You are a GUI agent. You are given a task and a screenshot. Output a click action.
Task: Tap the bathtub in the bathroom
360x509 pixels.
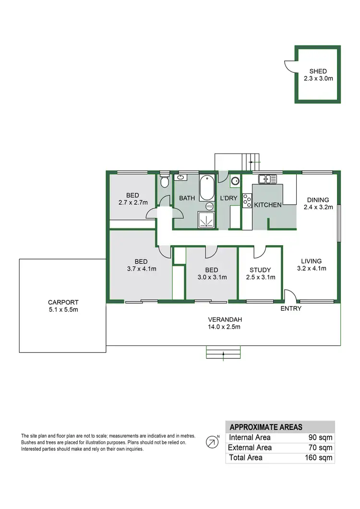pos(208,189)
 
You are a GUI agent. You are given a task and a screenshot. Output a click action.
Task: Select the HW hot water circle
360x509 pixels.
pos(209,206)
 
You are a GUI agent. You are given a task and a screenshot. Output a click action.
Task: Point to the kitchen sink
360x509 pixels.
pos(267,179)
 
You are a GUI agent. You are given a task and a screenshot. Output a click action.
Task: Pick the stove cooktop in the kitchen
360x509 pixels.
pos(247,200)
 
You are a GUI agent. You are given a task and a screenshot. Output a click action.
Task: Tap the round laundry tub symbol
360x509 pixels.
pos(235,181)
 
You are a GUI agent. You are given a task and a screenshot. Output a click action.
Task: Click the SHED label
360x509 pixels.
pos(318,71)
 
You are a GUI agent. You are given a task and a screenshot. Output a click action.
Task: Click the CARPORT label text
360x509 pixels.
pos(63,302)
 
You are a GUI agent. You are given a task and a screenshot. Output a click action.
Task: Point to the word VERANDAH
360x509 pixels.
pos(224,320)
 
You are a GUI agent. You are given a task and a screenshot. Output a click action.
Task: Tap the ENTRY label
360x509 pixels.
pos(291,308)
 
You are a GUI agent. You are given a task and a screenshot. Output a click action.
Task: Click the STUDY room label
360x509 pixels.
pos(261,270)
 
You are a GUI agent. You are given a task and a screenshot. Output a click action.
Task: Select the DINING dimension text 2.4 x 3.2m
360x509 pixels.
pos(316,208)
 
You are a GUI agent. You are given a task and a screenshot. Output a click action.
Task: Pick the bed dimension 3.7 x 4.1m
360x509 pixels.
pos(141,269)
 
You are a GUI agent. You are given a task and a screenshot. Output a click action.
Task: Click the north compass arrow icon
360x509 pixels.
pos(211,442)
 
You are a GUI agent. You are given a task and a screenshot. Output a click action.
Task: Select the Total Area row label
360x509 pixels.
pos(246,458)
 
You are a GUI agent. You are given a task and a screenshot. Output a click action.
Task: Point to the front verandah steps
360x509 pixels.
pos(224,353)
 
